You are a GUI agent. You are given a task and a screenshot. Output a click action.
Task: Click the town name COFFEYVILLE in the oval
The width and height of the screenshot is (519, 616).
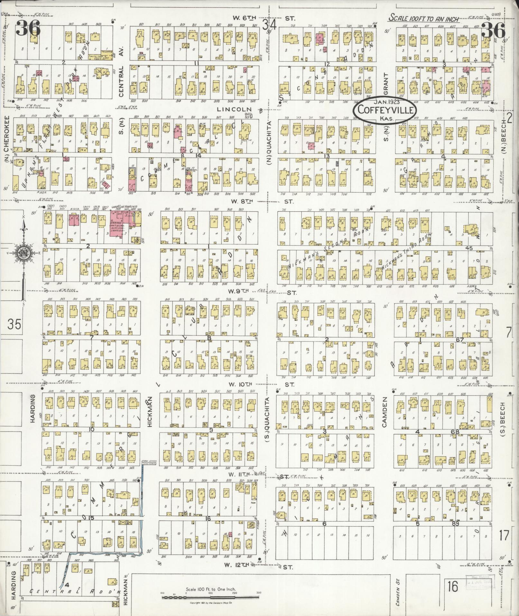pyautogui.click(x=385, y=110)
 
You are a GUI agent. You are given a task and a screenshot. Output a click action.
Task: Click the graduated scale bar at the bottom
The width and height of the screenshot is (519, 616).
pyautogui.click(x=210, y=597)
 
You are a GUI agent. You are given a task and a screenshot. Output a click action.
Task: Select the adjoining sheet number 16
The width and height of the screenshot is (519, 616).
pyautogui.click(x=452, y=587)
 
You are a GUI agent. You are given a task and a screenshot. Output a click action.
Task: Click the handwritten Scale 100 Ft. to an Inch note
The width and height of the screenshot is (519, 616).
pyautogui.click(x=424, y=19)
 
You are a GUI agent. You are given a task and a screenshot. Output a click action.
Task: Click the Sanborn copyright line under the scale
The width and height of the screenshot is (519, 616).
pyautogui.click(x=210, y=603)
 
